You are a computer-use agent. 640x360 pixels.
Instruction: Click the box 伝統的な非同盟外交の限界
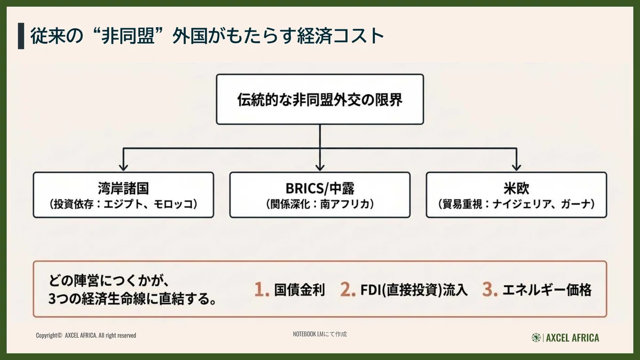[x=319, y=99]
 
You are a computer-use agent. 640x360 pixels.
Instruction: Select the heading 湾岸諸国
[x=123, y=188]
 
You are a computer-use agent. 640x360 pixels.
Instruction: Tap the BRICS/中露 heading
[x=319, y=188]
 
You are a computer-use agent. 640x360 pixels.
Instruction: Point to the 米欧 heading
[x=516, y=188]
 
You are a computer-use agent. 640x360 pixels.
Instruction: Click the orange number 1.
[x=262, y=290]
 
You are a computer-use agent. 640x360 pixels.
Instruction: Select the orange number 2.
[x=348, y=290]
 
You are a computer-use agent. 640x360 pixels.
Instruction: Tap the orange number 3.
[x=490, y=290]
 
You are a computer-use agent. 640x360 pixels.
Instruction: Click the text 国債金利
[x=299, y=290]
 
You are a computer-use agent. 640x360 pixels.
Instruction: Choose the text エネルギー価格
[x=547, y=290]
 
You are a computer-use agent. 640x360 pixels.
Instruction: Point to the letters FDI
[x=370, y=290]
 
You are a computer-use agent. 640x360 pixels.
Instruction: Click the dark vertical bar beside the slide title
[x=21, y=36]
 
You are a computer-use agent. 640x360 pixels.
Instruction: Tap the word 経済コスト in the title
[x=341, y=36]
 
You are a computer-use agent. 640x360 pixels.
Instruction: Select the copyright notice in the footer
[x=86, y=335]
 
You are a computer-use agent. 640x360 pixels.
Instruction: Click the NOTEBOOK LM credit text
[x=319, y=334]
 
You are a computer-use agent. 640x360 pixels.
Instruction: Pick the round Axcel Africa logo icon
[x=536, y=338]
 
